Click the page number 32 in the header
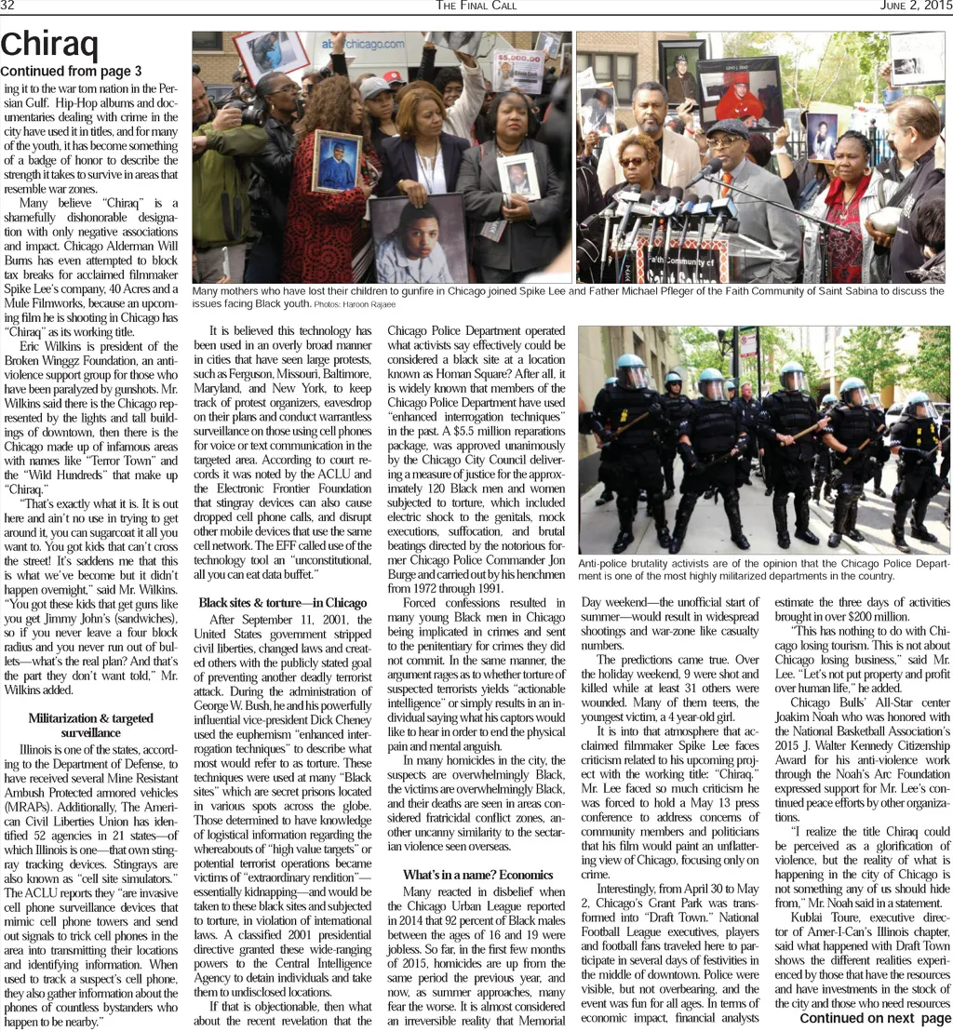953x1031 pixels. pos(7,6)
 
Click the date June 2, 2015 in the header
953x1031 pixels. pos(916,6)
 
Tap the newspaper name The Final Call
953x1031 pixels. pos(476,6)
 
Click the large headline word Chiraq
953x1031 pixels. pos(49,44)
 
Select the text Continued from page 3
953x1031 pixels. pos(72,72)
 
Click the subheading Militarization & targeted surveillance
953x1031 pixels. pos(90,725)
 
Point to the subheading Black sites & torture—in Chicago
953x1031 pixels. pos(283,603)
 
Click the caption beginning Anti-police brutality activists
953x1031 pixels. pos(763,569)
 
